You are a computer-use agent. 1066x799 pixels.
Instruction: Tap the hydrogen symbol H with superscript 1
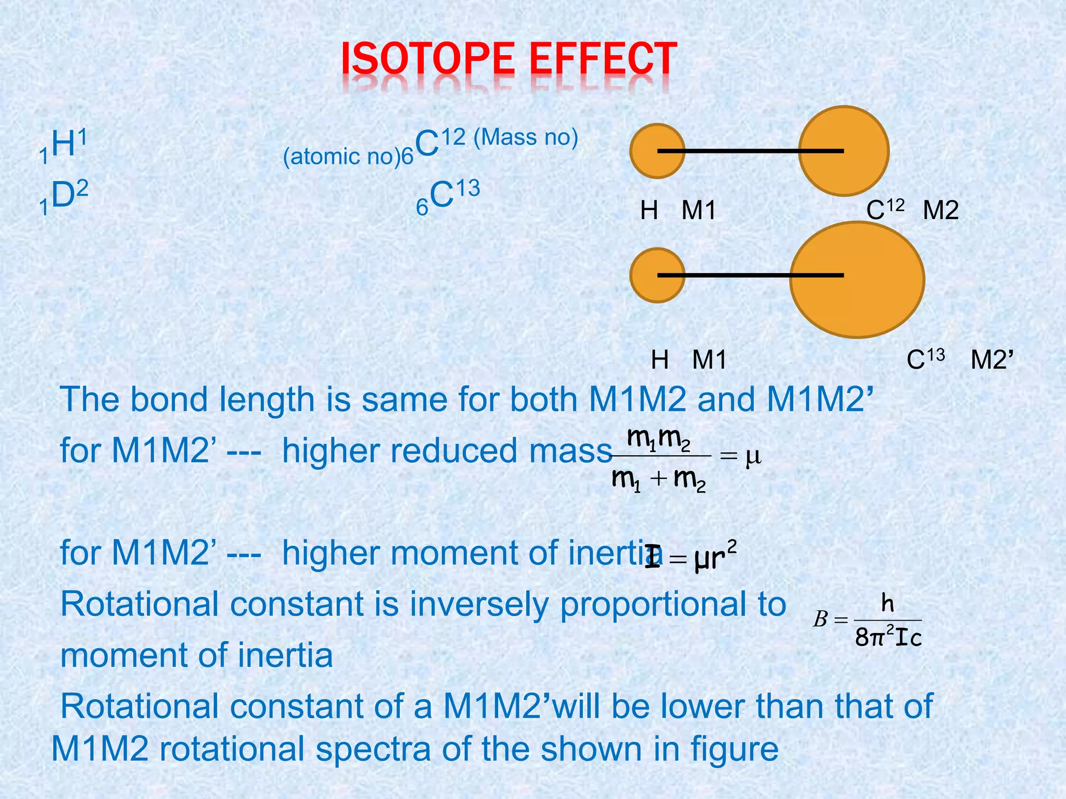pos(64,145)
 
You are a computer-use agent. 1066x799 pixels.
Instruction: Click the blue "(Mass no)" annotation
pos(526,137)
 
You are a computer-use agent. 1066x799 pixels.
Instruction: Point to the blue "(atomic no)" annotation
pos(341,157)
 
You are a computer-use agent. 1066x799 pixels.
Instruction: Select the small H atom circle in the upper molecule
pos(645,151)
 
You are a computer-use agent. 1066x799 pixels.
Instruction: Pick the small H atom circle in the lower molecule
pos(645,275)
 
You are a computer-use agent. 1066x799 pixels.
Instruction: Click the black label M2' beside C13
pos(992,360)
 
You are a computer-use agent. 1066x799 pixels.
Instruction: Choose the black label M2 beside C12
pos(941,211)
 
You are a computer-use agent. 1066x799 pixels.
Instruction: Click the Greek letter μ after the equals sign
pos(753,457)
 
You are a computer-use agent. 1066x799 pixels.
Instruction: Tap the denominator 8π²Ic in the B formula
pos(888,637)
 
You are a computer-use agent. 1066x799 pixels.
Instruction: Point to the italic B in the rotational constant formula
pos(820,619)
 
